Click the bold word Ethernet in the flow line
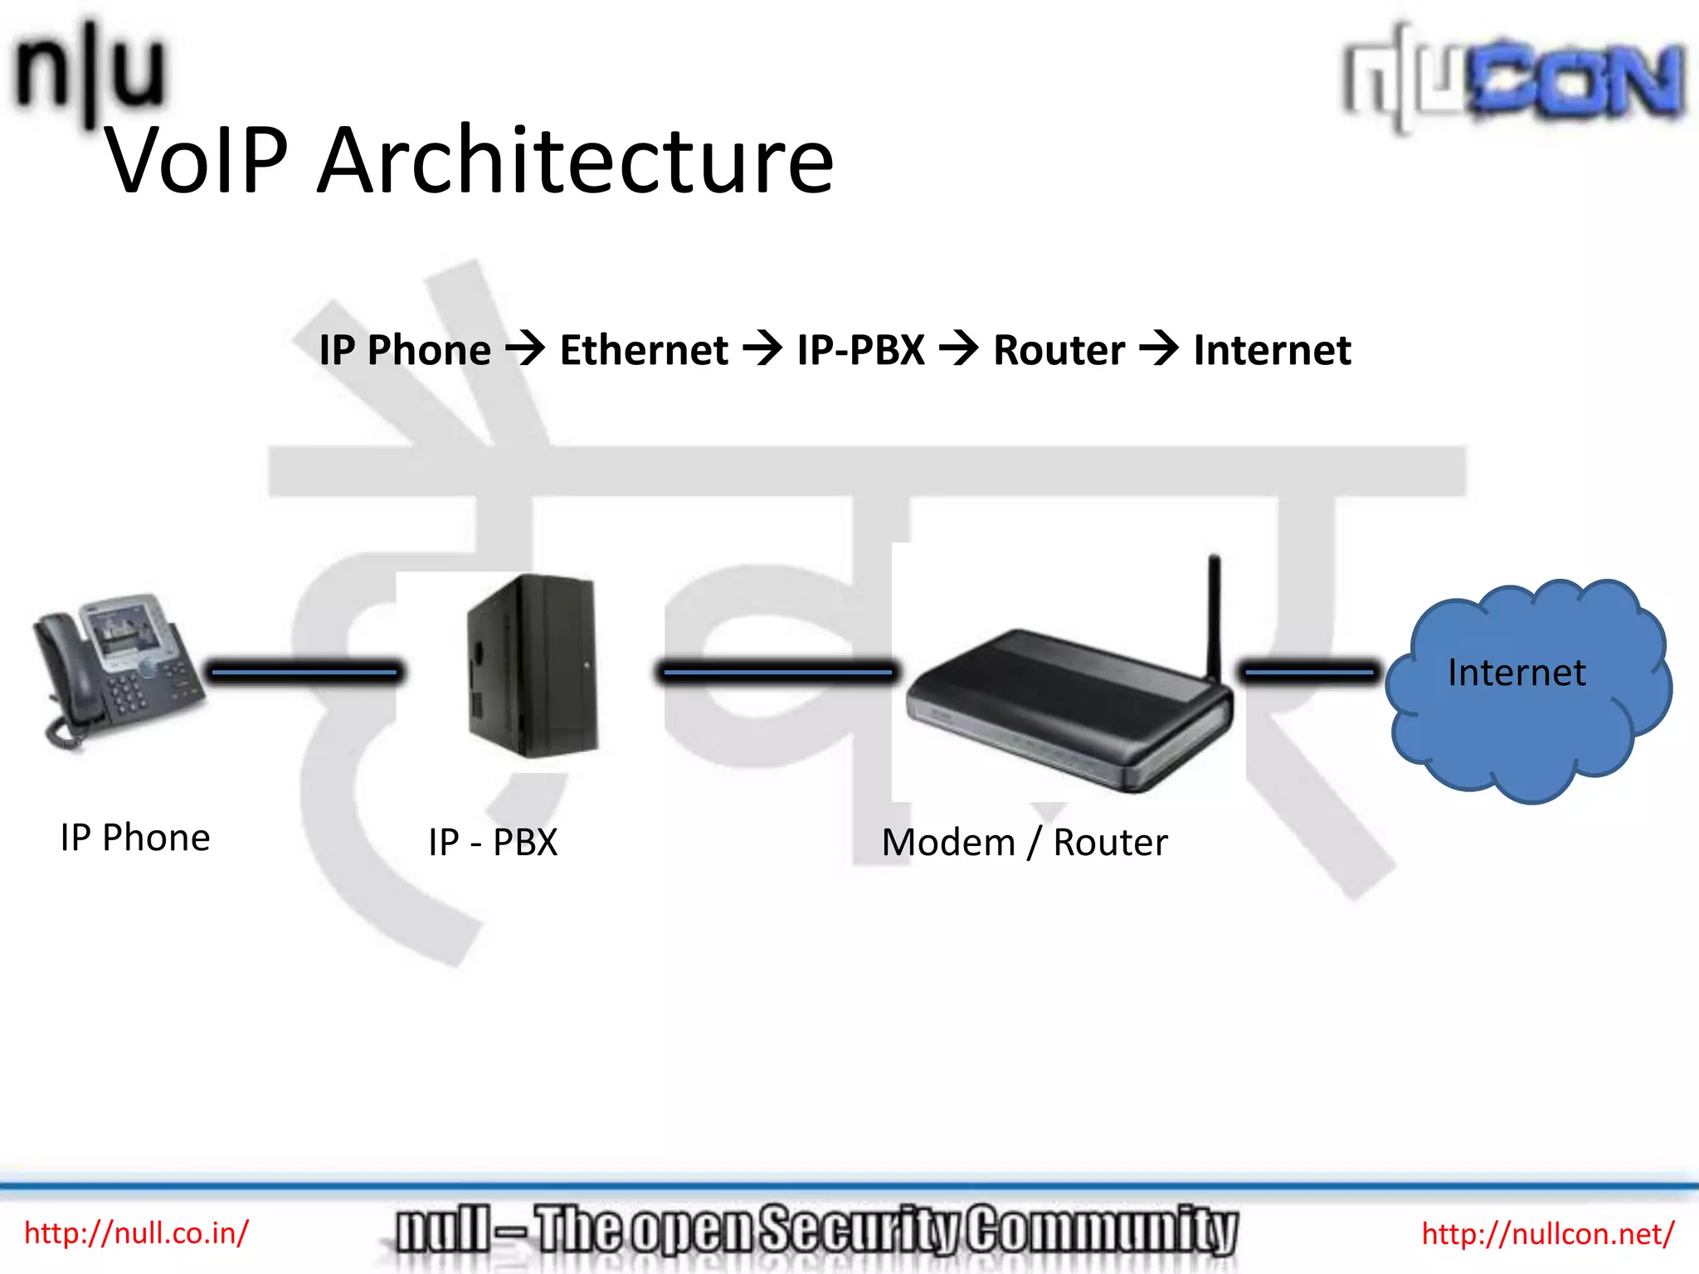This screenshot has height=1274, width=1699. coord(644,350)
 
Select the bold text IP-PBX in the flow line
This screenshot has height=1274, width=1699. coord(860,350)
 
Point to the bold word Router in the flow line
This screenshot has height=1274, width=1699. coord(1059,350)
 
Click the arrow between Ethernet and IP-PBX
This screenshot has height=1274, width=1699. coord(762,348)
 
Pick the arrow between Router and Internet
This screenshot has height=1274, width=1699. coord(1159,348)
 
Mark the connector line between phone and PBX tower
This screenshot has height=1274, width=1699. coord(304,672)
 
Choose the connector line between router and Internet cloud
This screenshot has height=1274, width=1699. coord(1309,672)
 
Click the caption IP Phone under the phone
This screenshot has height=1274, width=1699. coord(135,838)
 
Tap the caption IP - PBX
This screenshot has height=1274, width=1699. coord(493,843)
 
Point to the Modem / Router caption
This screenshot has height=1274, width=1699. coord(1025,843)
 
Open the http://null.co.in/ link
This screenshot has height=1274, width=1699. coord(136,1233)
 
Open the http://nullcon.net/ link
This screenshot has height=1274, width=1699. coord(1548,1234)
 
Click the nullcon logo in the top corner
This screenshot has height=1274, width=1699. coord(1514,79)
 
